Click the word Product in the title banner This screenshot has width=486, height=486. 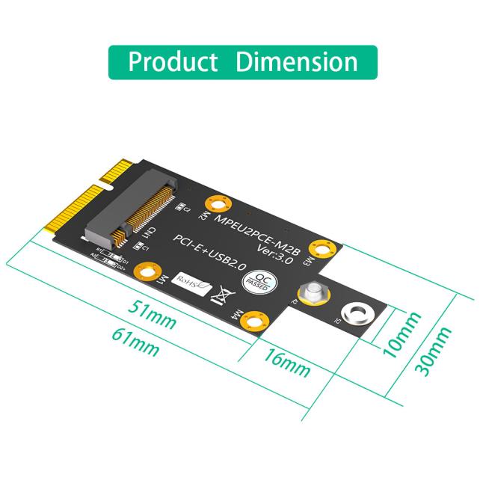pyautogui.click(x=173, y=62)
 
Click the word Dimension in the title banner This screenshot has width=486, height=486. pyautogui.click(x=296, y=62)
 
